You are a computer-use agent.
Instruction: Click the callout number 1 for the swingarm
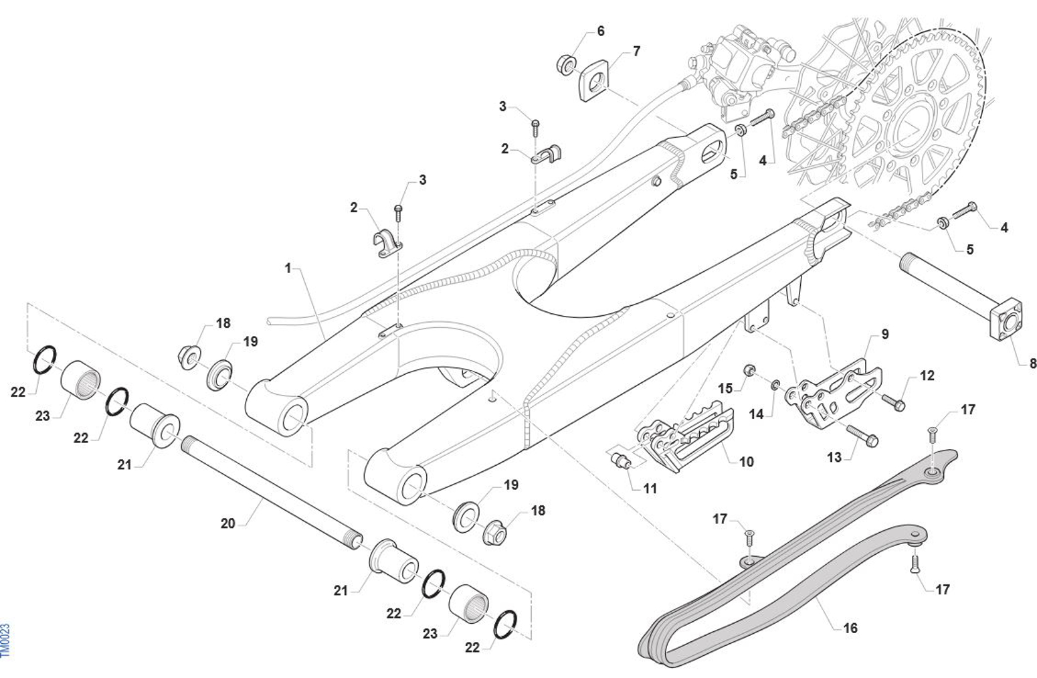(288, 268)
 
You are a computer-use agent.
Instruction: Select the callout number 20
(228, 523)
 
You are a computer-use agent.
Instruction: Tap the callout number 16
(850, 628)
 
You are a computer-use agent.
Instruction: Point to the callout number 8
(1033, 363)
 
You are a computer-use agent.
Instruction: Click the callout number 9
(884, 334)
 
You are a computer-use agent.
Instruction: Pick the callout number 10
(746, 461)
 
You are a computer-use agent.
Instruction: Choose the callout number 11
(650, 489)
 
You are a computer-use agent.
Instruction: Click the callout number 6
(600, 31)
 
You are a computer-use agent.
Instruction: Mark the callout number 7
(636, 51)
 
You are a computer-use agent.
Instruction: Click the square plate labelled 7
(593, 82)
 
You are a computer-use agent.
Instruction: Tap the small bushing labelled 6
(567, 65)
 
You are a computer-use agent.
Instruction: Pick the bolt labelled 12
(892, 402)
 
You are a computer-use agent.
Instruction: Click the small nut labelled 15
(751, 370)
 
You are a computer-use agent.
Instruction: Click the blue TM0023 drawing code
(5, 641)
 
